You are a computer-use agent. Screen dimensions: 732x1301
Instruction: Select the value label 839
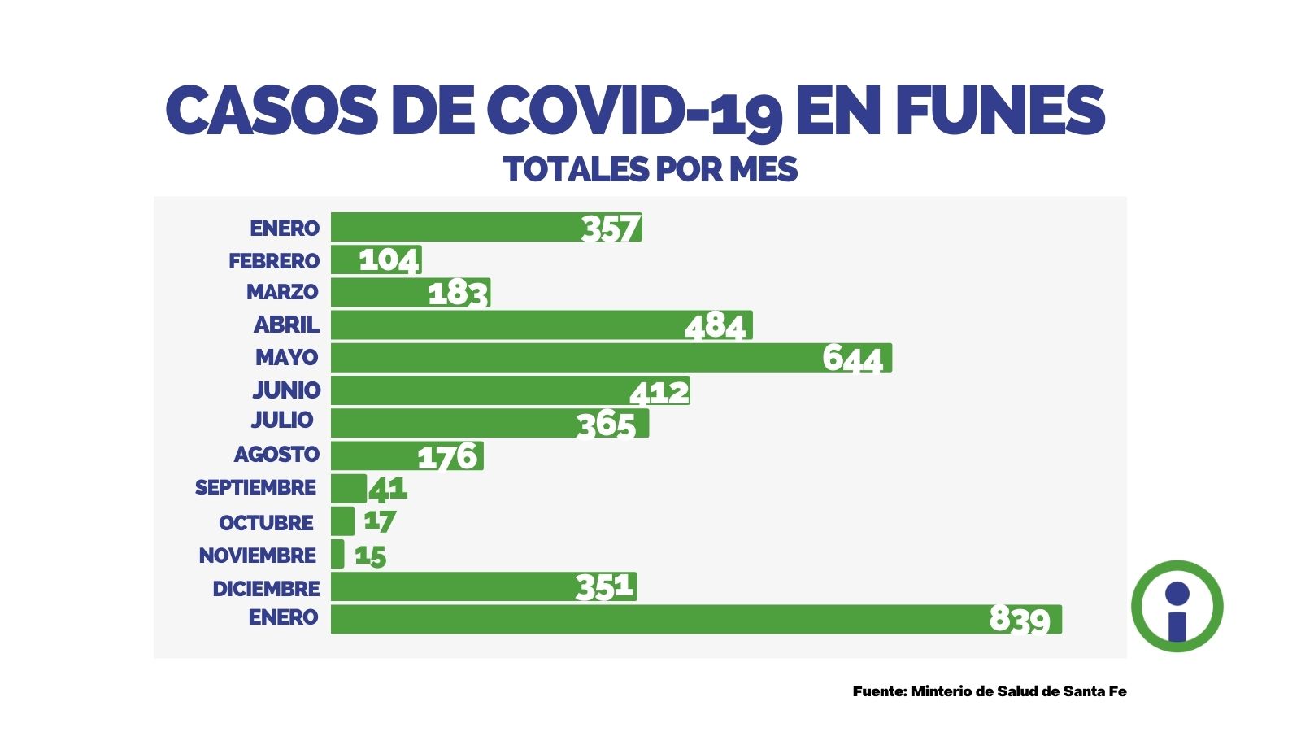point(1020,620)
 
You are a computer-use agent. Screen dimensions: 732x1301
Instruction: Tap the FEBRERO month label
point(274,261)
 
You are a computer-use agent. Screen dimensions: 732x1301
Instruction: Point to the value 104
point(389,260)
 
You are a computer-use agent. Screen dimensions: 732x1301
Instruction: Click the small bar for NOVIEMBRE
point(337,554)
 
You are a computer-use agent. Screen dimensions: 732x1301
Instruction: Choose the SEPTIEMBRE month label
point(255,488)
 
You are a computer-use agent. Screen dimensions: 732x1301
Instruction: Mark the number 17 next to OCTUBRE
point(380,521)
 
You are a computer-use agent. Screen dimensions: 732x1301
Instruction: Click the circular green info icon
point(1177,606)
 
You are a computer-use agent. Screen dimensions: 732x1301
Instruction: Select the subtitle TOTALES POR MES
point(650,170)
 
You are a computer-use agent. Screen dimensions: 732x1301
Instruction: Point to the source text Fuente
point(879,691)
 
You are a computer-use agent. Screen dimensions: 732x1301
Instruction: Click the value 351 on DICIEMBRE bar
point(604,586)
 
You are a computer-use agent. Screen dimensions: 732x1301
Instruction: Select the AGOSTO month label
point(276,455)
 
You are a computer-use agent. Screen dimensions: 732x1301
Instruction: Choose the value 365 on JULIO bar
point(606,425)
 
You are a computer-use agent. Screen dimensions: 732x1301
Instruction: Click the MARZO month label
point(282,292)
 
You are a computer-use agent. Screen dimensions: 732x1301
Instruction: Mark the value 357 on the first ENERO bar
point(611,229)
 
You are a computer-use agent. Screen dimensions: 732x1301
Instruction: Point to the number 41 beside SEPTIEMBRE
point(388,489)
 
